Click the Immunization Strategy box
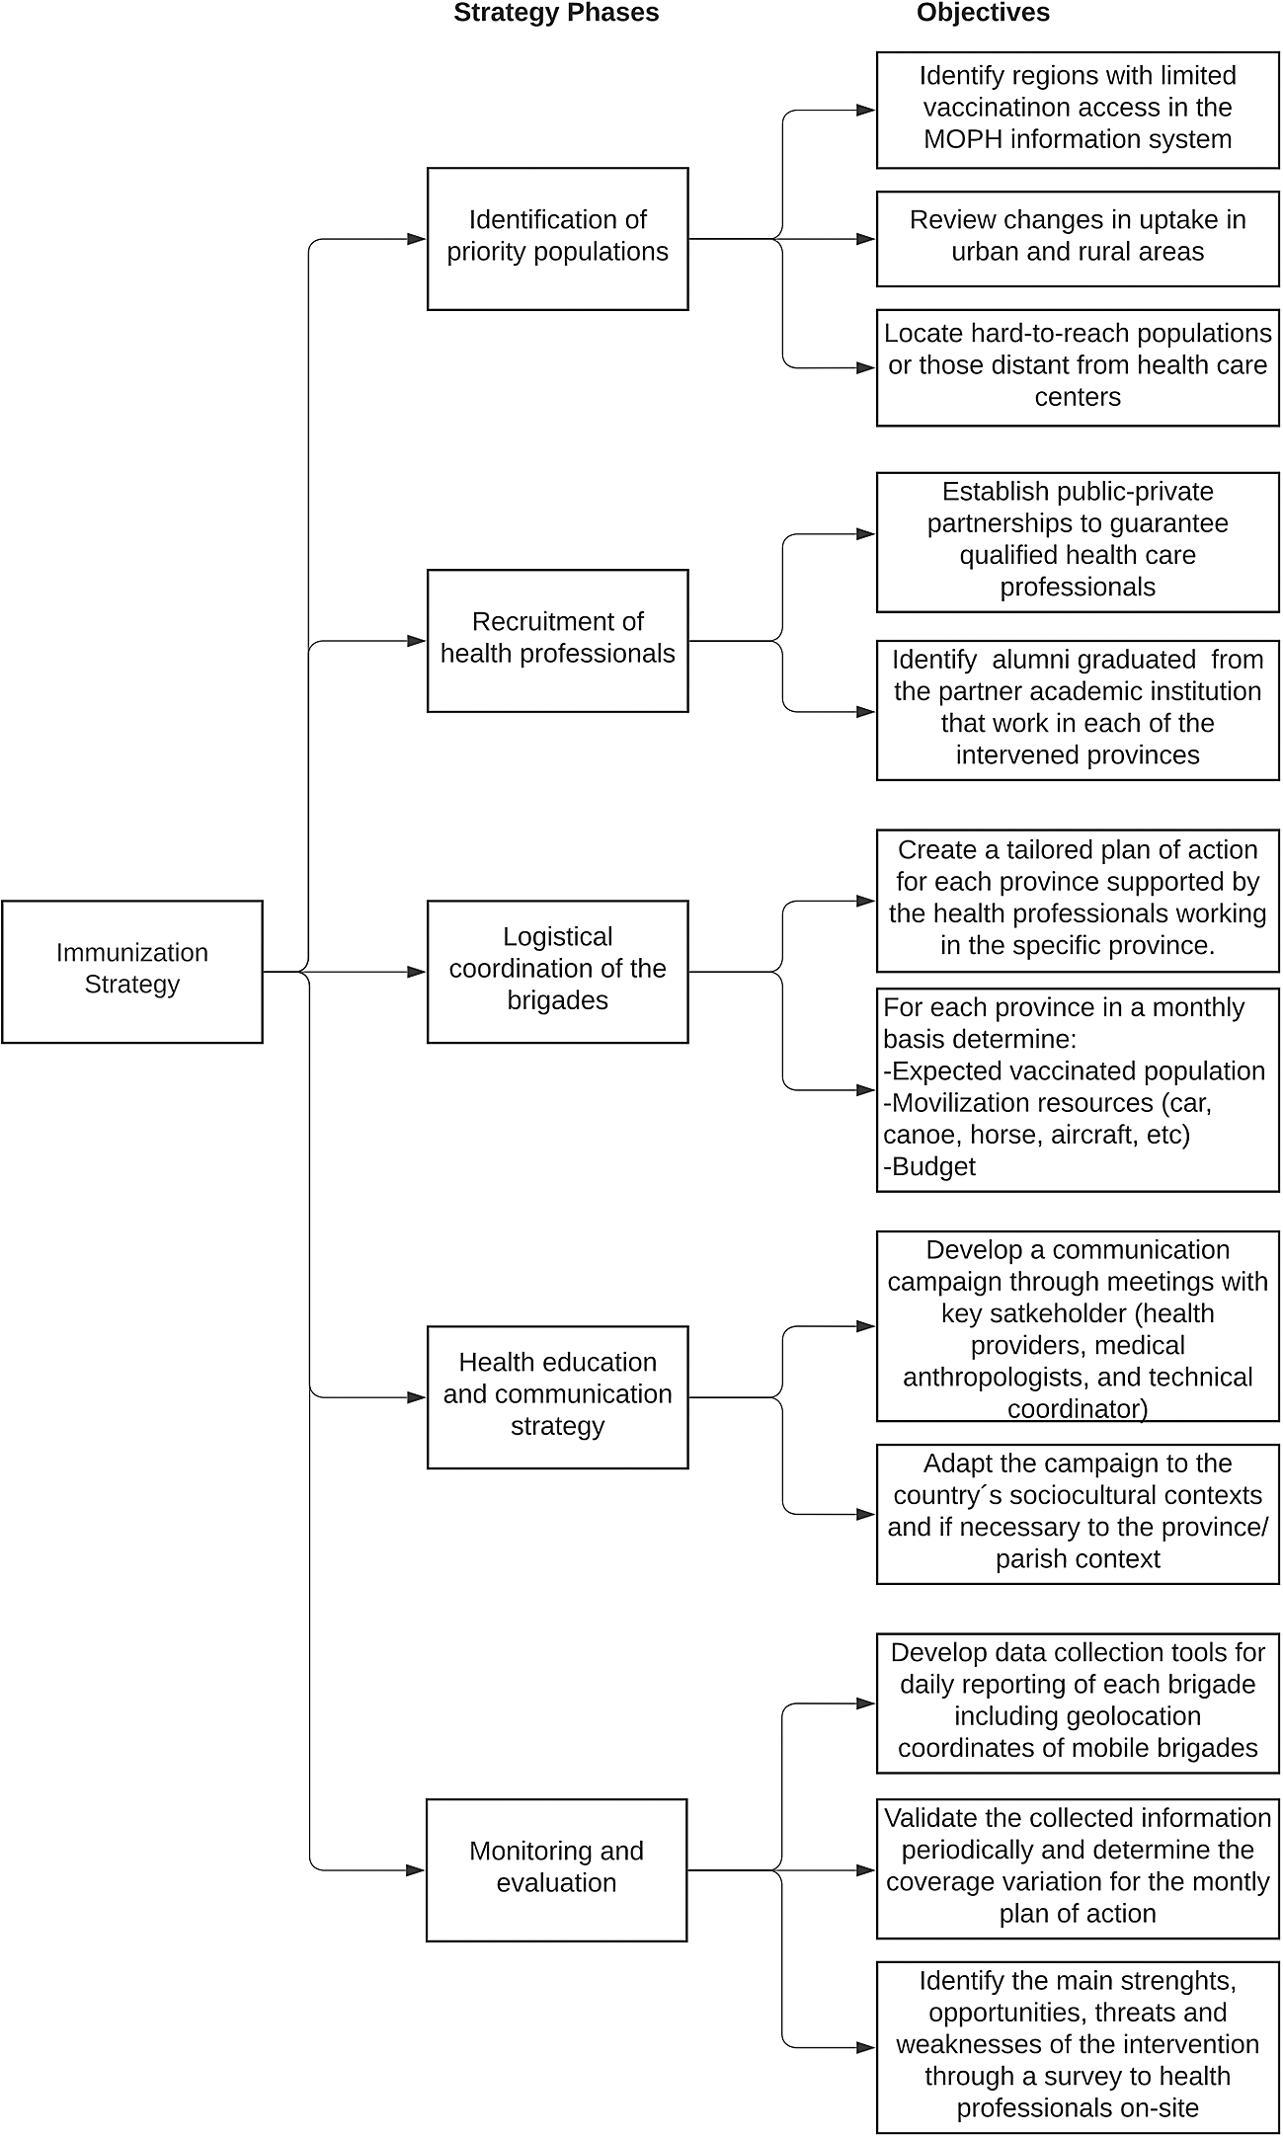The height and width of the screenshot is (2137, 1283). [132, 971]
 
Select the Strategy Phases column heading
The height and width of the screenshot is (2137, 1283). [556, 13]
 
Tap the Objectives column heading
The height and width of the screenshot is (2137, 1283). [983, 13]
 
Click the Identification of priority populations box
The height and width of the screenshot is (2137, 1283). [558, 239]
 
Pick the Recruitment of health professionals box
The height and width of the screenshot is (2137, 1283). [558, 641]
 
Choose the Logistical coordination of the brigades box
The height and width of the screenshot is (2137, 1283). [558, 972]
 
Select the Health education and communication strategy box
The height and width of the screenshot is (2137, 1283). [558, 1397]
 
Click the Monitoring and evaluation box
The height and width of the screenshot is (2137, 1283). [557, 1870]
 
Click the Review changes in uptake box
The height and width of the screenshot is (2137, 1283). [1078, 239]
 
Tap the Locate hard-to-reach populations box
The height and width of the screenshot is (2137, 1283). [1078, 367]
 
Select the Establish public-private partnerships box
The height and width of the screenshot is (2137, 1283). [1078, 542]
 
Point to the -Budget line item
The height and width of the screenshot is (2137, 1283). [929, 1166]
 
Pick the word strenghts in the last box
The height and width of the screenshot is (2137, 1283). [1173, 1981]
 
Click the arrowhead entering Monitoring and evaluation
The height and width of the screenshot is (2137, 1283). [417, 1870]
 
